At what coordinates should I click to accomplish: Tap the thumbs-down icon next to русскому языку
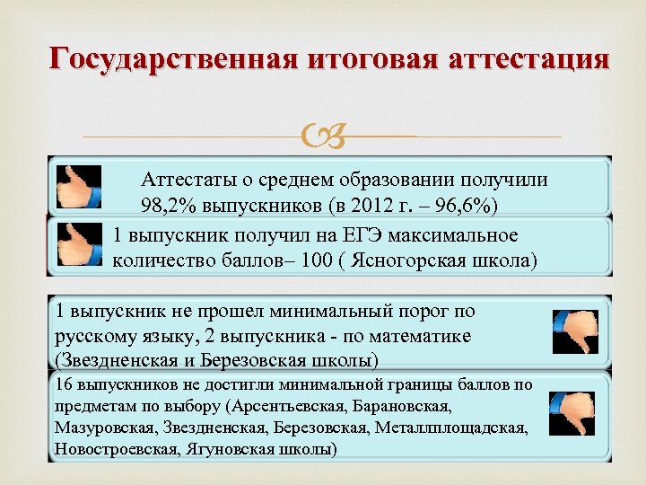click(x=574, y=331)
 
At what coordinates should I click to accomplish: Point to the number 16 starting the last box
click(x=63, y=384)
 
